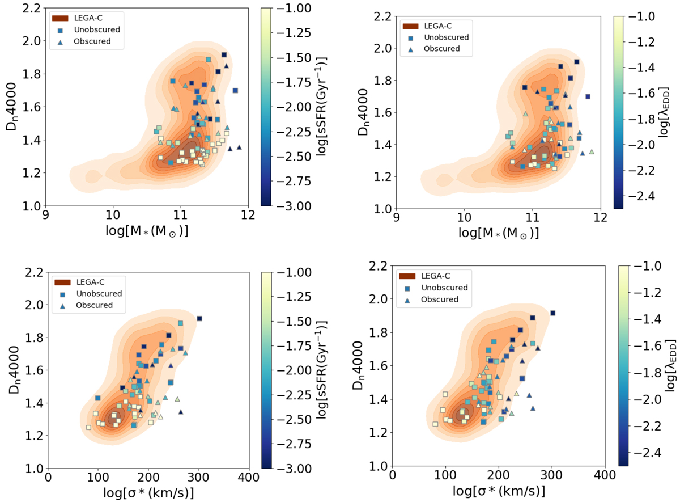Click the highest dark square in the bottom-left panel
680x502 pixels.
pyautogui.click(x=199, y=319)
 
